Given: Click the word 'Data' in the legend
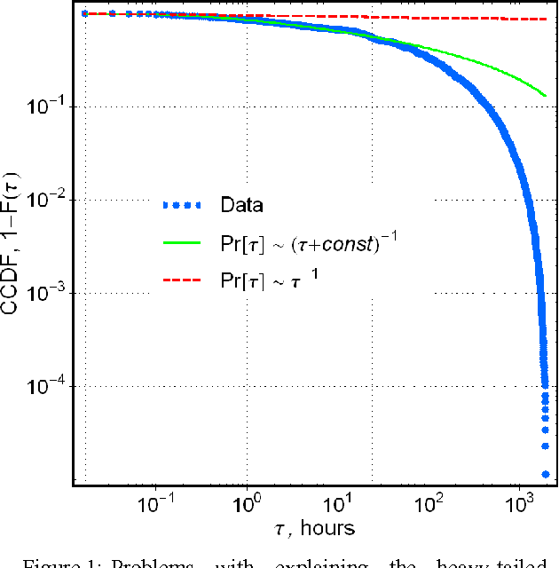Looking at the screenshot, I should coord(241,205).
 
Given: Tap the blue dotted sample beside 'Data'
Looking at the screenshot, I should coord(185,205).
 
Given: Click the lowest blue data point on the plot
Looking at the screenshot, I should coord(545,474).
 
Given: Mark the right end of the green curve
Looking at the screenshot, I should coord(545,95).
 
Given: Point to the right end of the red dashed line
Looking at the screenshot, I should coord(545,19).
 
